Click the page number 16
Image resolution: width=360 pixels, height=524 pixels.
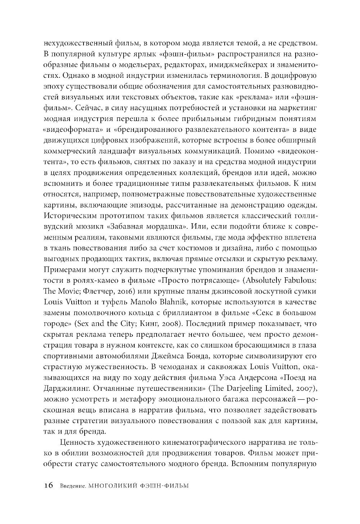click(49, 485)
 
